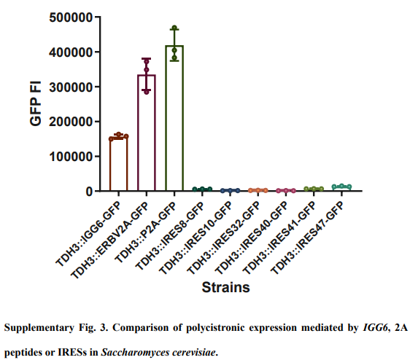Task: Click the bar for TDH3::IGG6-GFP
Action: coord(118,164)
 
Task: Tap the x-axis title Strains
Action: coord(226,287)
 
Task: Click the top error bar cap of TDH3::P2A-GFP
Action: coord(174,28)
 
